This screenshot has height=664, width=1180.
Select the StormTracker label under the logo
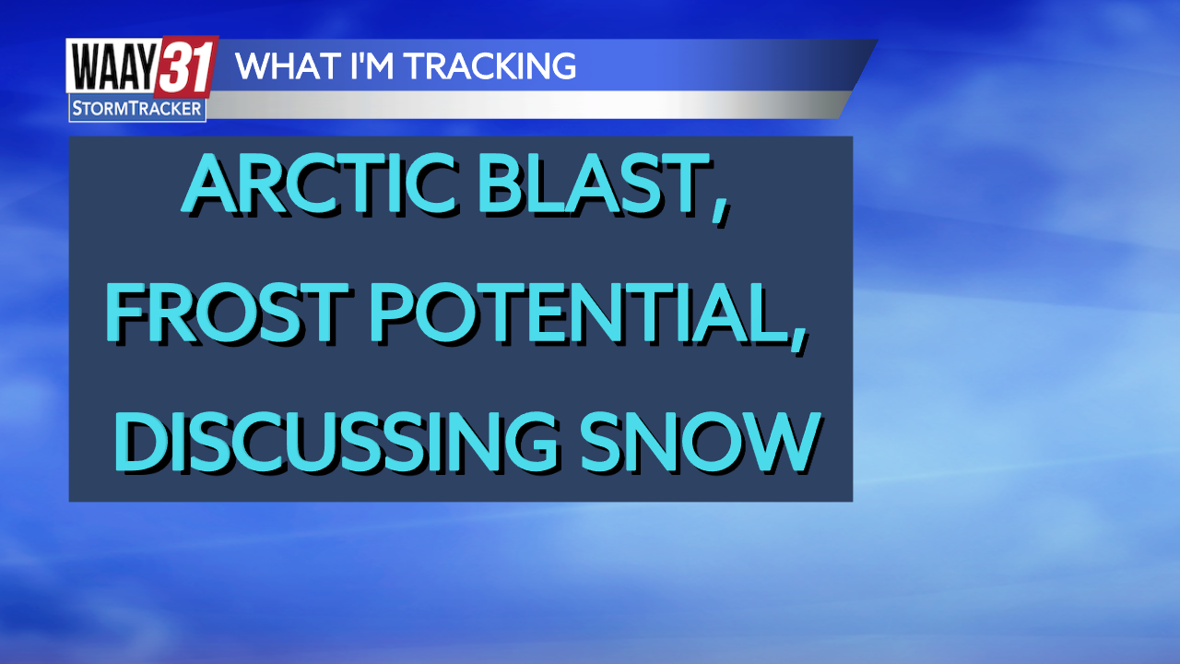(136, 110)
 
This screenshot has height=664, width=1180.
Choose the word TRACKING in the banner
(489, 66)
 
